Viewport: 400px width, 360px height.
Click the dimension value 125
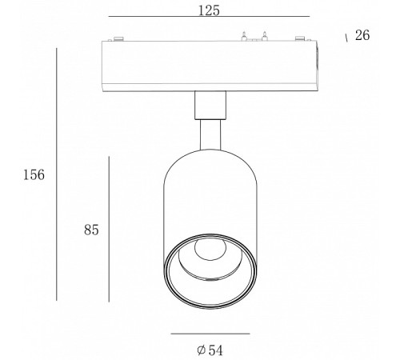point(209,10)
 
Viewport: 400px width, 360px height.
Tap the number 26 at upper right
point(362,35)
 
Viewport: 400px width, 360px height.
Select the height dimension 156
point(34,175)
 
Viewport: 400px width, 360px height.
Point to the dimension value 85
point(91,230)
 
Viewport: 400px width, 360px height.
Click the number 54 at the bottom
point(215,350)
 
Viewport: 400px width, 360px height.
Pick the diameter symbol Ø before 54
point(202,350)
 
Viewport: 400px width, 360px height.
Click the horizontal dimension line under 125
point(209,17)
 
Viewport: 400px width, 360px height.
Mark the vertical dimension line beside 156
point(57,174)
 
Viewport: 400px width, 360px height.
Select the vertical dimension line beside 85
point(109,230)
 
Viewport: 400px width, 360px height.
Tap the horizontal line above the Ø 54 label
point(210,334)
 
